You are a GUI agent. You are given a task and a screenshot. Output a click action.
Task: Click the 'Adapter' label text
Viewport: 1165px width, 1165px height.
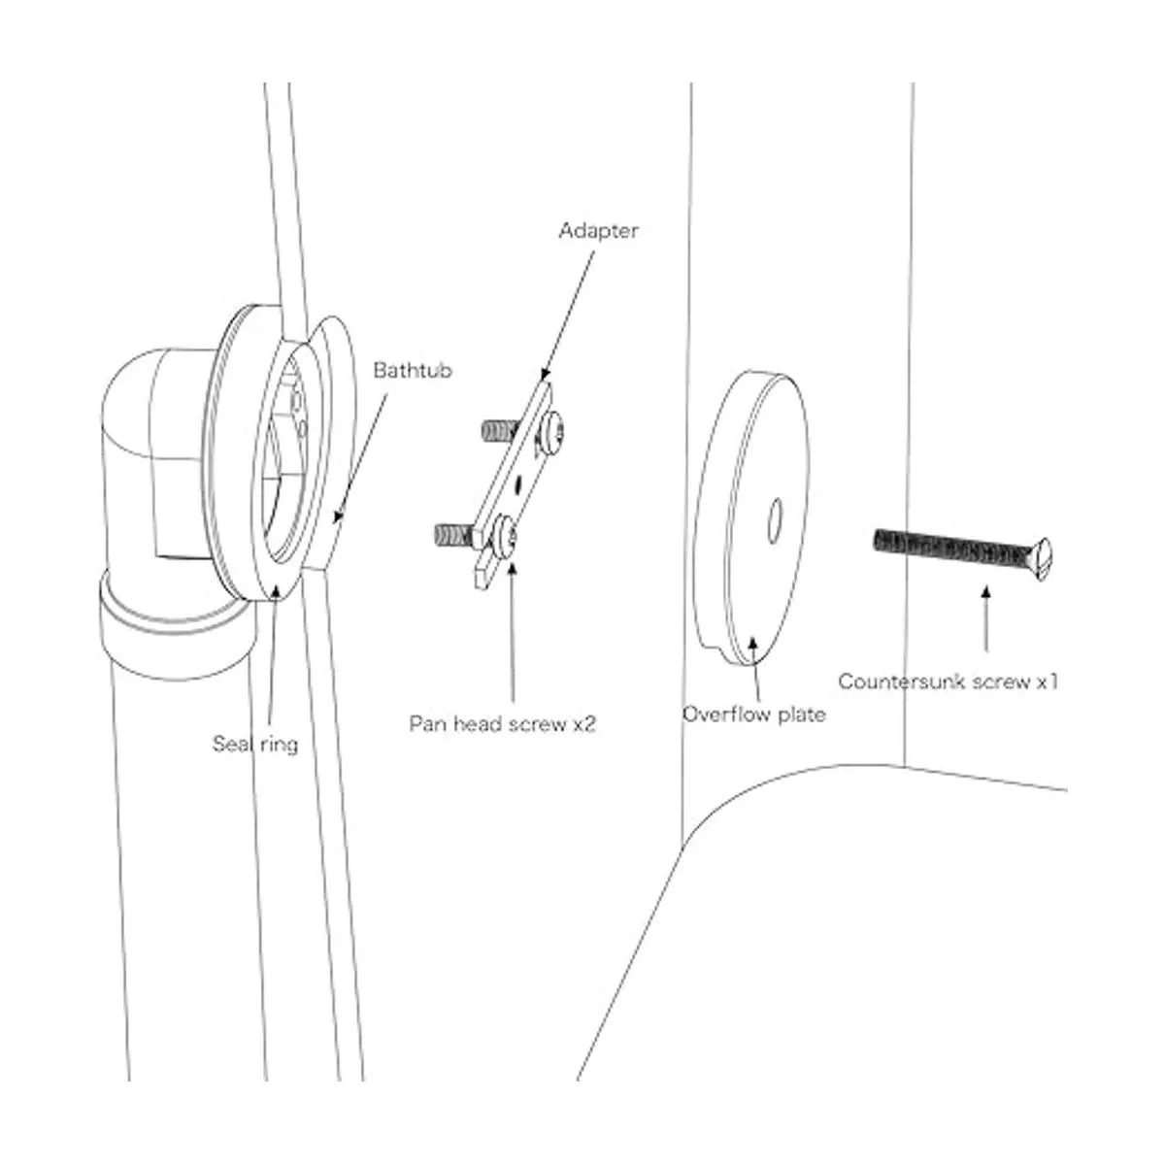pyautogui.click(x=599, y=231)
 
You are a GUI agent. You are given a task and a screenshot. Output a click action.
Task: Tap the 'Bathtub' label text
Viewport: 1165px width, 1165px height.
pyautogui.click(x=413, y=370)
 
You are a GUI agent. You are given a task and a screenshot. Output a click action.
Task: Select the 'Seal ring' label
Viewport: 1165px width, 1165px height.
pyautogui.click(x=255, y=745)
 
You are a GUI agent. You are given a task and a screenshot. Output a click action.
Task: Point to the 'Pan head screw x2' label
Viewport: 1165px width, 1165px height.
pyautogui.click(x=501, y=723)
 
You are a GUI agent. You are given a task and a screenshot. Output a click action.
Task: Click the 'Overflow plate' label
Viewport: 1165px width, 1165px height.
pyautogui.click(x=753, y=715)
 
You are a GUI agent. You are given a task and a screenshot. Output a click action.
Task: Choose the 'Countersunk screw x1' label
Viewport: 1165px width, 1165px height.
pyautogui.click(x=948, y=682)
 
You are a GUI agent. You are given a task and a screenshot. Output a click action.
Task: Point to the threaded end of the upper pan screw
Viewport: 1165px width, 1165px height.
pyautogui.click(x=497, y=428)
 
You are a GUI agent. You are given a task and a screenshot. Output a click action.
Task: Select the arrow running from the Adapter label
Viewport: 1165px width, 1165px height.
pyautogui.click(x=567, y=311)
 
